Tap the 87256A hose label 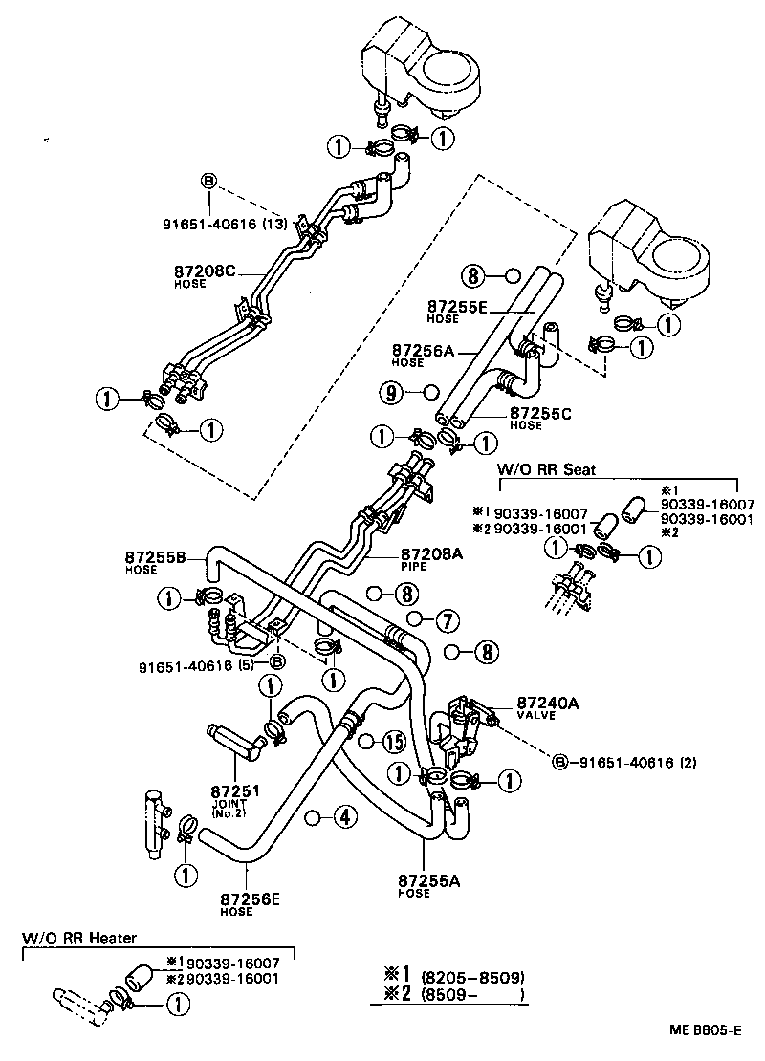pos(423,351)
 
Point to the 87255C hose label pos(541,413)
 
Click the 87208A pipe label pos(432,554)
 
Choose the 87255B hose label pos(155,556)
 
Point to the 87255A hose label pos(429,880)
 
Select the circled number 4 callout pos(343,817)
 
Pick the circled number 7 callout pos(446,620)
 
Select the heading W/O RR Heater pos(79,939)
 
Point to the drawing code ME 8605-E pos(705,1031)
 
